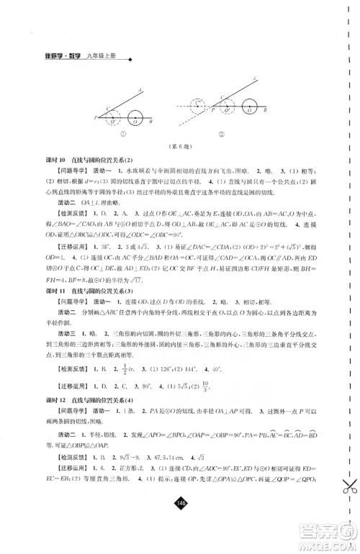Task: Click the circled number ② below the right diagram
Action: (x=232, y=135)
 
